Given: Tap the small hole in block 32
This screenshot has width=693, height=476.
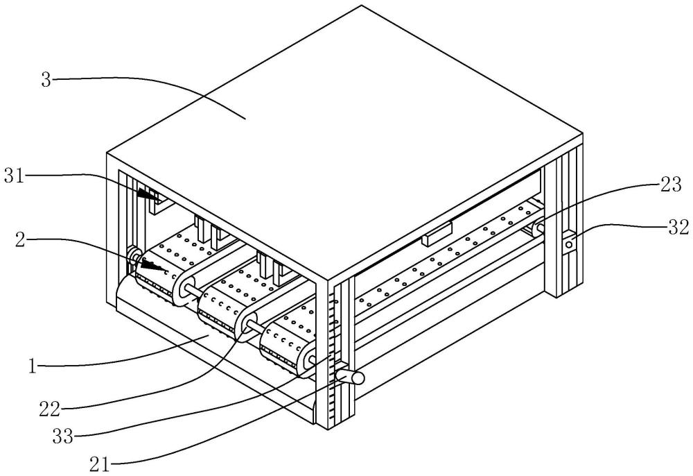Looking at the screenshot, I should click(x=568, y=244).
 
